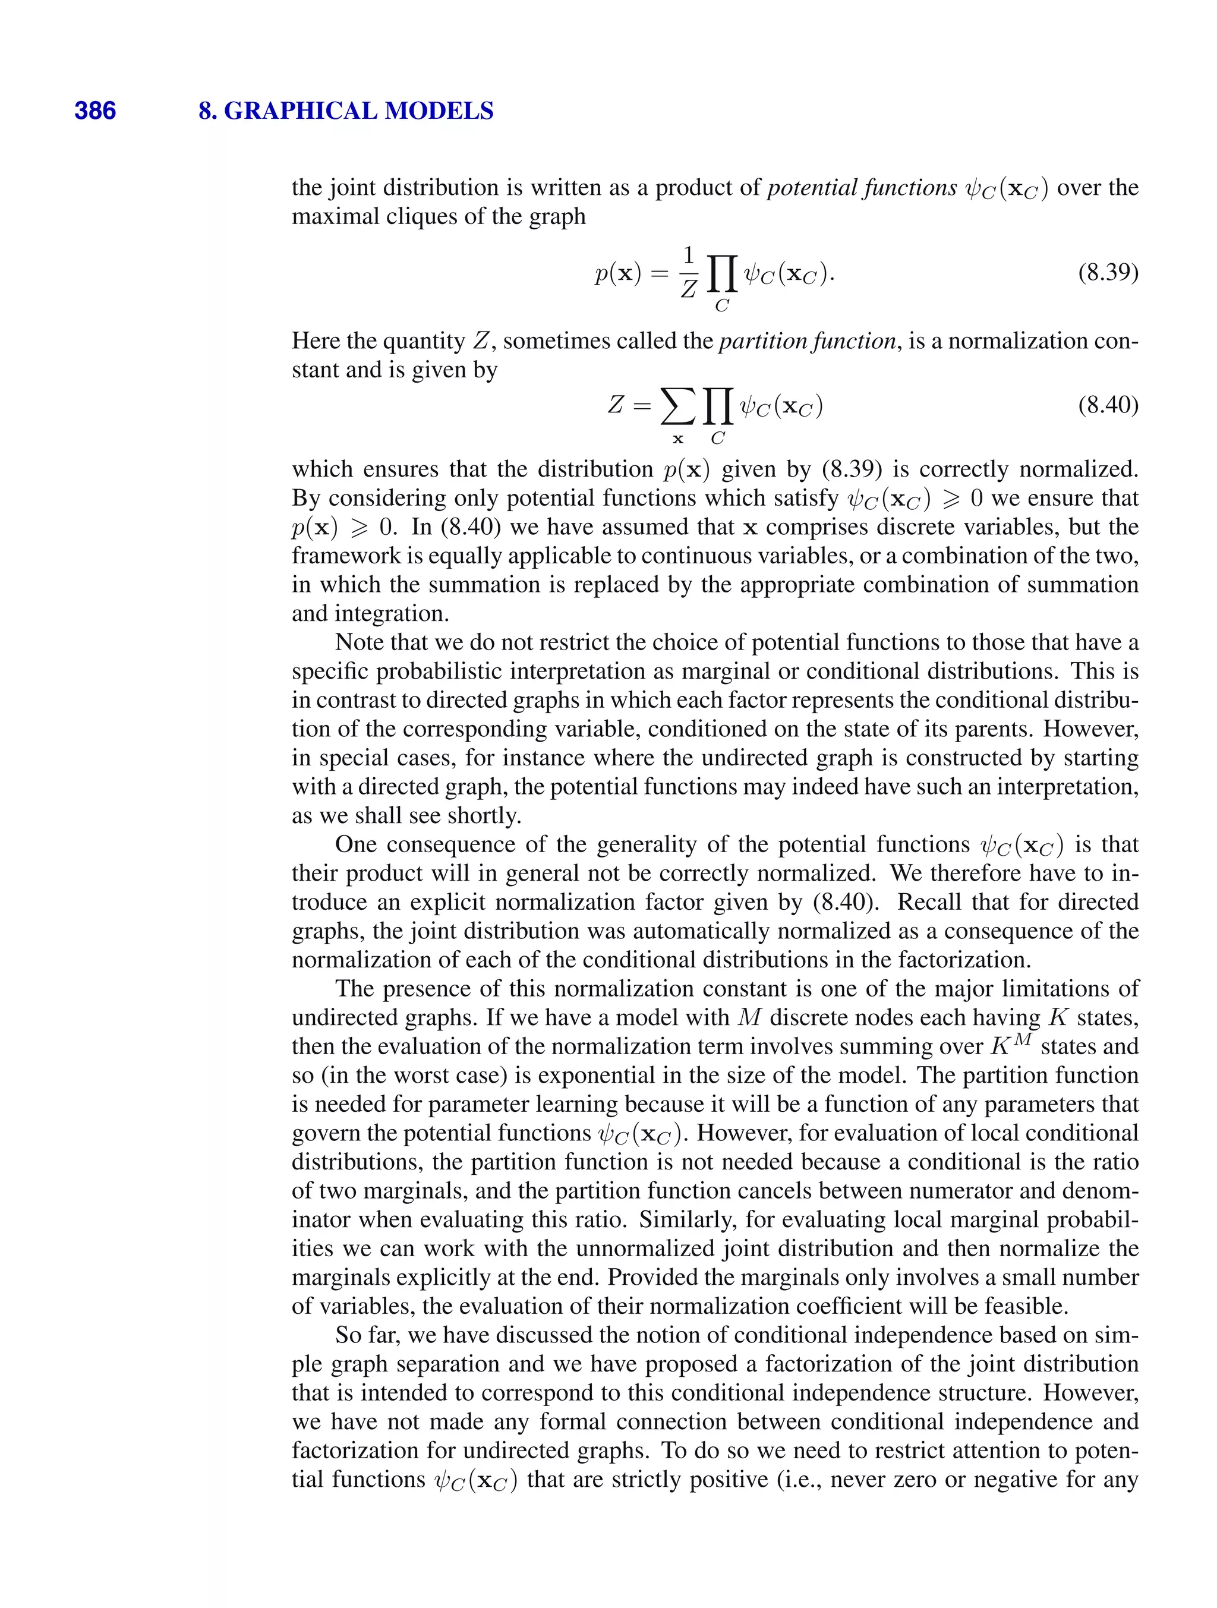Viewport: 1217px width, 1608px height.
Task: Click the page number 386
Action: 95,111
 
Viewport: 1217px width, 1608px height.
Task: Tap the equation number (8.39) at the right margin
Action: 1107,273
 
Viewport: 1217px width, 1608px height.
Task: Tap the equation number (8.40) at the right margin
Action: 1107,405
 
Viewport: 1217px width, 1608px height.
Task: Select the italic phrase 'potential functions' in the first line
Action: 862,188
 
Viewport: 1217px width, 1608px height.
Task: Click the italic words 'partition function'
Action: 807,341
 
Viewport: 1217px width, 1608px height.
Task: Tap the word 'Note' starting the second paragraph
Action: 358,642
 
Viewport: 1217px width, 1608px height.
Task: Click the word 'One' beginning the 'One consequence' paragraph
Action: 356,845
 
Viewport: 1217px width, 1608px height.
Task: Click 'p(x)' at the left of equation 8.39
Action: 618,273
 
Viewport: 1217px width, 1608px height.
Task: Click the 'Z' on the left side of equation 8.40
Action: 616,405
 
